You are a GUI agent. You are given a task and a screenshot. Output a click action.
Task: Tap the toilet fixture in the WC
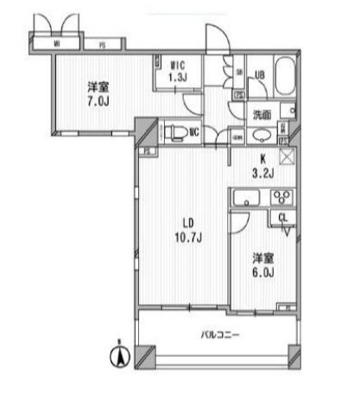coord(174,131)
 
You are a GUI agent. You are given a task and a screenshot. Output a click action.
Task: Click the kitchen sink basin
coord(249,199)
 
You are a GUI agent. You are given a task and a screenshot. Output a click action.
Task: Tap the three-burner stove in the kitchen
coord(281,198)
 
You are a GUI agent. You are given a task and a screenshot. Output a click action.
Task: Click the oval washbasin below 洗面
coord(260,134)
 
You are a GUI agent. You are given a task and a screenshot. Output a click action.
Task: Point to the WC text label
coord(195,132)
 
